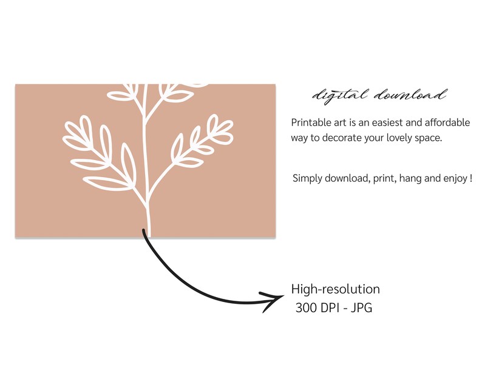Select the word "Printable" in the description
coord(311,122)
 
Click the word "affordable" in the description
coord(446,122)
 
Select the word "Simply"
coord(308,179)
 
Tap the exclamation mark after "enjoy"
coord(471,178)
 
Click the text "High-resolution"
coord(335,289)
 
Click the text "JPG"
coord(362,308)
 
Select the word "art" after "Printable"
coord(341,122)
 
